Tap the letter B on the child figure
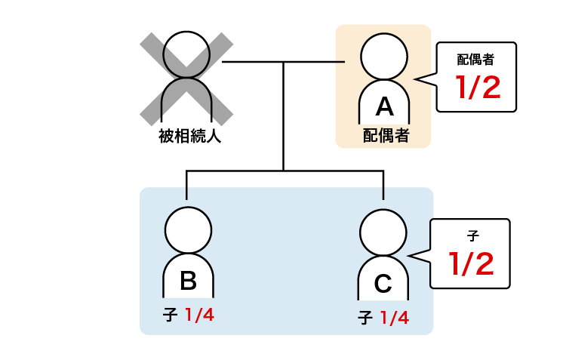point(188,281)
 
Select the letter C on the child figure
point(383,284)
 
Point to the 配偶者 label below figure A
point(386,135)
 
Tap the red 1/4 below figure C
point(395,318)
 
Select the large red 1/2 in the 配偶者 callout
point(478,88)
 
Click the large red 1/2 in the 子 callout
point(472,263)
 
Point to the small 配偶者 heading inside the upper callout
point(475,58)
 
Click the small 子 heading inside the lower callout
point(474,235)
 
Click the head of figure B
point(188,230)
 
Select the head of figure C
point(383,232)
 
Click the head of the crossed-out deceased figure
point(186,54)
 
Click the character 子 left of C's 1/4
point(365,318)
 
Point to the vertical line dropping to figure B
point(186,185)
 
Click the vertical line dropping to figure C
point(383,185)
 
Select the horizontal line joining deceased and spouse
point(283,61)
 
